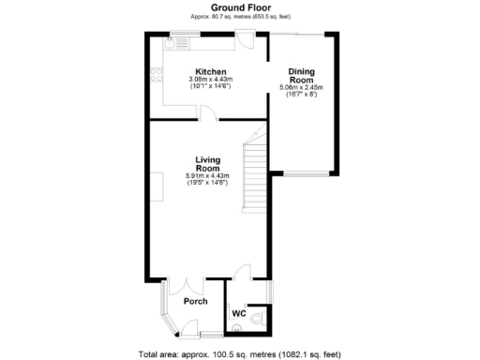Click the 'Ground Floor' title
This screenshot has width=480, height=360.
(x=239, y=7)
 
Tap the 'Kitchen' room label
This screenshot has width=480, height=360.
(x=210, y=72)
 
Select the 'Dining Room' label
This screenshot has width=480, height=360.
(x=301, y=76)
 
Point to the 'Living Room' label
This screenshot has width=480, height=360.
(x=207, y=163)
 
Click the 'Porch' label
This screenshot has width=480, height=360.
(x=196, y=301)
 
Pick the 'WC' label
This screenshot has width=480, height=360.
(x=238, y=313)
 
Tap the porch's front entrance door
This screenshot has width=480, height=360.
(x=187, y=327)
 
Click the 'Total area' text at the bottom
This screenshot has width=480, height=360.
(x=239, y=353)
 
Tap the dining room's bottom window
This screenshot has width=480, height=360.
(x=307, y=174)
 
